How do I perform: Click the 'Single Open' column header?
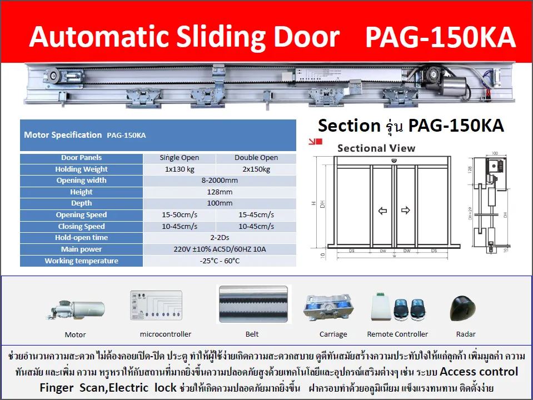click(179, 158)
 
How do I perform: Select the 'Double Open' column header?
click(256, 158)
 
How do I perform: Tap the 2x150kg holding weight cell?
click(256, 169)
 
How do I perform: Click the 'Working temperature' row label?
click(81, 261)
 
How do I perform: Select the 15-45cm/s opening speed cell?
click(256, 215)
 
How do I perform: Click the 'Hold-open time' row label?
click(81, 238)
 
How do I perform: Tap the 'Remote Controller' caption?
click(397, 334)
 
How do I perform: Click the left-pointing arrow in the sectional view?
click(382, 211)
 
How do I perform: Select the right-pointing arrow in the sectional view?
click(405, 211)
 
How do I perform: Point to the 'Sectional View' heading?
click(376, 148)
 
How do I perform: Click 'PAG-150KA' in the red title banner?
click(440, 38)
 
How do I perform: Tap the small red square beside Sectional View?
click(318, 142)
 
